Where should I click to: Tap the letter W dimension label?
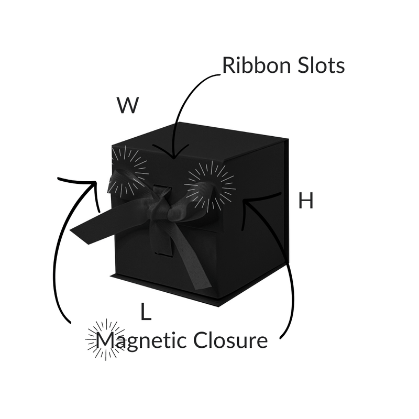(x=128, y=106)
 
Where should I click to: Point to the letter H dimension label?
(x=306, y=201)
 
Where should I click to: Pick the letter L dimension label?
(x=146, y=312)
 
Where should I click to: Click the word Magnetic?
(x=142, y=341)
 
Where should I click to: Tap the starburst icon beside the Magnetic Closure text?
(x=105, y=339)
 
